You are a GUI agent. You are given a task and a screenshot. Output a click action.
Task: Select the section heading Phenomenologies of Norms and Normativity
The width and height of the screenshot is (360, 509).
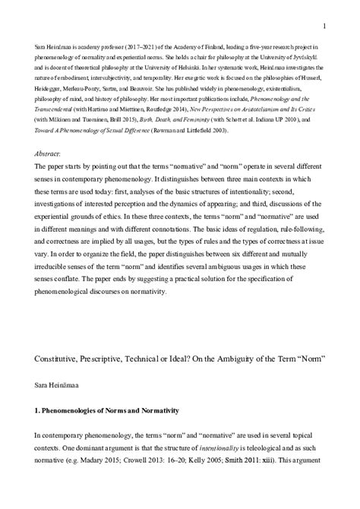(111, 411)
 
